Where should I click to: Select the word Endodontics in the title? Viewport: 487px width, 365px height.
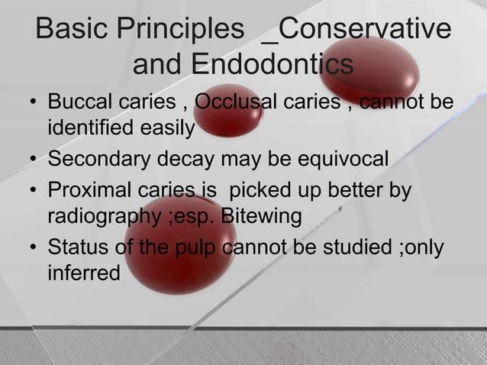[x=272, y=66]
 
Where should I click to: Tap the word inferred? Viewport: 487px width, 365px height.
[x=83, y=272]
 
